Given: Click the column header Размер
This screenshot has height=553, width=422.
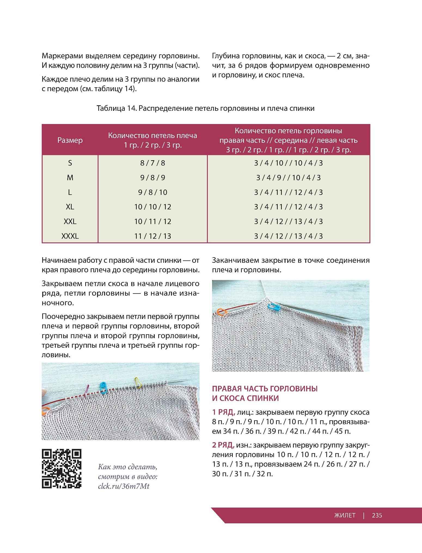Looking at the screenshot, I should pyautogui.click(x=70, y=140).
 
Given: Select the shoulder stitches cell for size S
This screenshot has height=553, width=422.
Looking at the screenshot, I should pyautogui.click(x=152, y=163).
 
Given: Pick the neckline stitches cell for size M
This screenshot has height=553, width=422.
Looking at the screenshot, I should pyautogui.click(x=288, y=178).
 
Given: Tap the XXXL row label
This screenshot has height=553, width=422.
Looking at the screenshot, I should pyautogui.click(x=70, y=236).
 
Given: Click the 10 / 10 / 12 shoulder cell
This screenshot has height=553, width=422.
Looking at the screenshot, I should pyautogui.click(x=152, y=207).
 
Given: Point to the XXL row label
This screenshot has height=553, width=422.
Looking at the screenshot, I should pyautogui.click(x=70, y=221).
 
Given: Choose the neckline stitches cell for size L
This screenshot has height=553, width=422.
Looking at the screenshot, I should pyautogui.click(x=288, y=192).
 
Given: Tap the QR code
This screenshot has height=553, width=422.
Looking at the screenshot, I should pyautogui.click(x=62, y=468).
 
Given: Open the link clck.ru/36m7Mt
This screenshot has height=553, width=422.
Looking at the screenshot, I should pyautogui.click(x=124, y=486).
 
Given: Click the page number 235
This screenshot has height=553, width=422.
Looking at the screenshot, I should pyautogui.click(x=377, y=515).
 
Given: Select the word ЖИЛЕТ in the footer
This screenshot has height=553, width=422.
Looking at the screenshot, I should pyautogui.click(x=345, y=515).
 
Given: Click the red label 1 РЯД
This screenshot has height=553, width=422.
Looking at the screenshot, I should pyautogui.click(x=223, y=412).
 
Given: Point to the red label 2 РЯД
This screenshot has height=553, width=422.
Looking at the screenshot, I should pyautogui.click(x=223, y=445).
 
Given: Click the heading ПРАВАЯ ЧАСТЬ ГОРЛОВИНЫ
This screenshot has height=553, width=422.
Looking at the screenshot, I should pyautogui.click(x=265, y=389).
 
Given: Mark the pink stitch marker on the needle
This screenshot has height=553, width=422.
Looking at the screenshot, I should pyautogui.click(x=87, y=391).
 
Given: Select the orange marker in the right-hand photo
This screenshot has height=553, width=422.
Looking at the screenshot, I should pyautogui.click(x=222, y=312).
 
